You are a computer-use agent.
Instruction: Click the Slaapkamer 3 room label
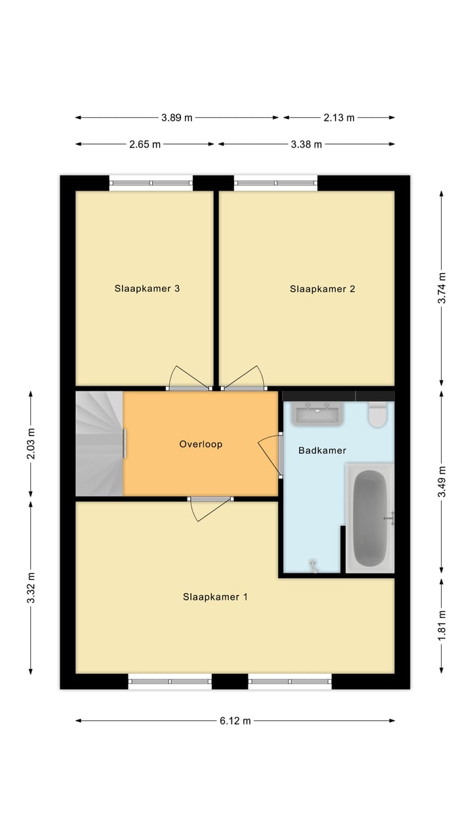tap(147, 288)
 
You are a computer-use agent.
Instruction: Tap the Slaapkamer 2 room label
tap(322, 288)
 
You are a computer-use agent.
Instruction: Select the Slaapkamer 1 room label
tap(215, 597)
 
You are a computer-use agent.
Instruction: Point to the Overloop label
tap(201, 444)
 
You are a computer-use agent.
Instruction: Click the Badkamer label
tap(322, 450)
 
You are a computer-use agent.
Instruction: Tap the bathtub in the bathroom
tap(370, 518)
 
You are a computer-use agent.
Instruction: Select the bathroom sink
tap(317, 414)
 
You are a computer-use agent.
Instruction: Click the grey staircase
tap(99, 444)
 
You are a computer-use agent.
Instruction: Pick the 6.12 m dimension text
tap(235, 721)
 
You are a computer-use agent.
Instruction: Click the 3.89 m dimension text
tap(177, 118)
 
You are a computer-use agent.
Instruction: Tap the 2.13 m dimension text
tap(339, 118)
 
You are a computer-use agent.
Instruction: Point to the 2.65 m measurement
tap(145, 144)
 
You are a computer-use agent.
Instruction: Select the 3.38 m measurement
tap(306, 144)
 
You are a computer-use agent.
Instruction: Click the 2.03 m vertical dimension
tap(31, 444)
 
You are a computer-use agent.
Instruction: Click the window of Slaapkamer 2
tap(275, 183)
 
